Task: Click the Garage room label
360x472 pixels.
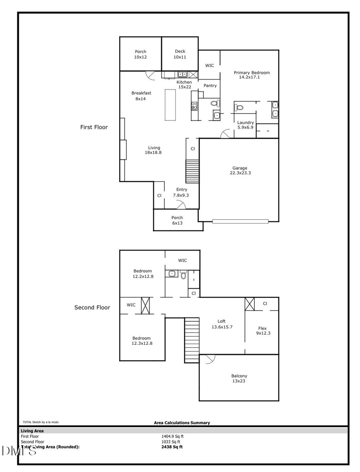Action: pos(240,171)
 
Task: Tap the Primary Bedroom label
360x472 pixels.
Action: pos(252,75)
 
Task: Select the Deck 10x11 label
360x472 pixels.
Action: pos(180,54)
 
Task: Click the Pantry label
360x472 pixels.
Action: pos(210,86)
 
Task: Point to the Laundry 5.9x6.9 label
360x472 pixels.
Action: pos(245,125)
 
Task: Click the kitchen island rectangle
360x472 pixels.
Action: pos(170,105)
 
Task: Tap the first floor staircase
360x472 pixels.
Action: pos(192,171)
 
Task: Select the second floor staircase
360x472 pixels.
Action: pos(192,340)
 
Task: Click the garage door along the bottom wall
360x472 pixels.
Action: pos(240,221)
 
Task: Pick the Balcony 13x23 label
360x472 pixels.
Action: pos(239,378)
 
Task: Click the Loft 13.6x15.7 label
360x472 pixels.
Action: pos(222,324)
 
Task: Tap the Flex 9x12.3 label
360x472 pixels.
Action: pos(262,330)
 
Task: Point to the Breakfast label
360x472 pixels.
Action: pos(141,96)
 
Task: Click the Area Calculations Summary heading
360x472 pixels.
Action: pos(182,422)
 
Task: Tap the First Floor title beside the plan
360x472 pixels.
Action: pos(94,127)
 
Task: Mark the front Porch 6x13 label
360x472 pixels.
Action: pos(177,220)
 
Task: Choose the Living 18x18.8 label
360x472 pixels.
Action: pos(154,150)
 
